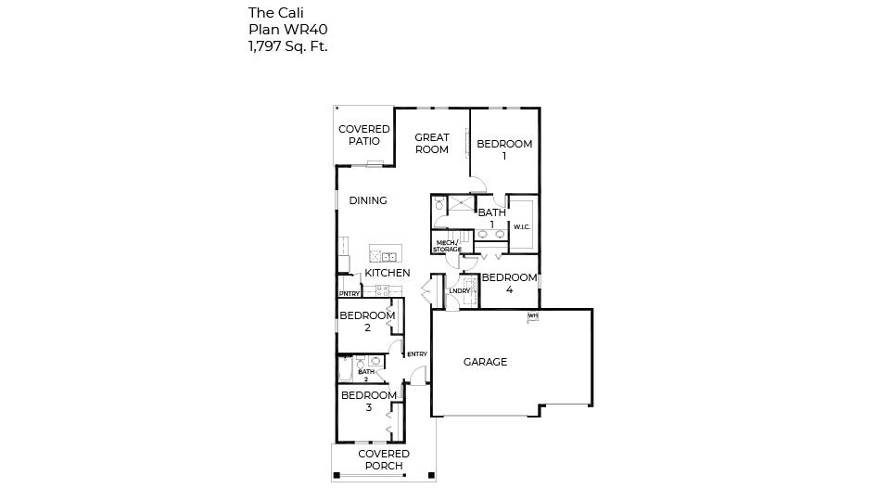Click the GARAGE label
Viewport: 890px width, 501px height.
[x=485, y=362]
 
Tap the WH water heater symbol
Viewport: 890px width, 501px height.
[x=533, y=316]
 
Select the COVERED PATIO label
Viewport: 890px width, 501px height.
[x=363, y=135]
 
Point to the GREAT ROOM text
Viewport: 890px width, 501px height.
[x=432, y=144]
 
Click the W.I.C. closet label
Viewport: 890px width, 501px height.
[x=522, y=226]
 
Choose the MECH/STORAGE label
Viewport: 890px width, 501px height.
[x=447, y=246]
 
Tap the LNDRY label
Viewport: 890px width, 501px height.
[x=459, y=291]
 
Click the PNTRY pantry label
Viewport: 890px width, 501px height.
[x=350, y=294]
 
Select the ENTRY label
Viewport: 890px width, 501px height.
[x=417, y=353]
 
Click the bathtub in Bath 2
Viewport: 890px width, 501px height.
[x=345, y=372]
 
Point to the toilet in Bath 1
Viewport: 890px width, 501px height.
[x=439, y=203]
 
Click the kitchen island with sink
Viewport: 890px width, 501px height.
[x=383, y=255]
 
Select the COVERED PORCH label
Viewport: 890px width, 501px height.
[x=384, y=460]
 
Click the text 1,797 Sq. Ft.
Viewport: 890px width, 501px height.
[x=287, y=45]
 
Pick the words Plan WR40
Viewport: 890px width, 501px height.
[x=287, y=29]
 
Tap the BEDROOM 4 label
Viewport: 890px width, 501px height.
[x=509, y=284]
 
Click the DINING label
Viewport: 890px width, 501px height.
[x=368, y=200]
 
